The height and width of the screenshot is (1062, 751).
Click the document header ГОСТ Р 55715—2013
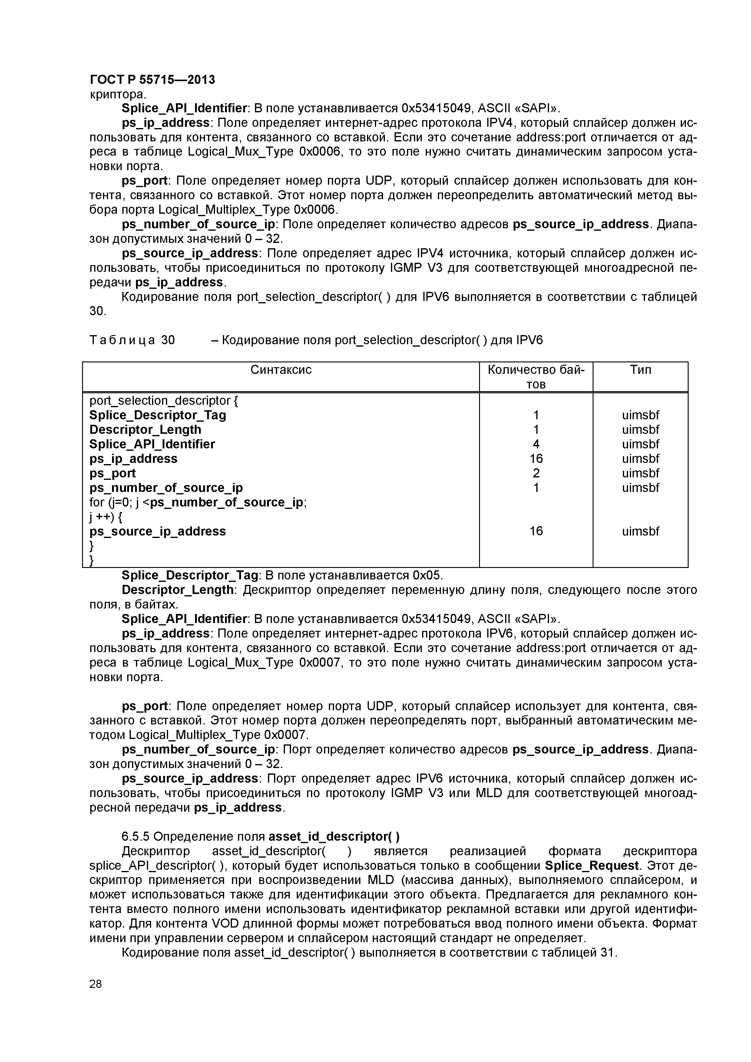152,80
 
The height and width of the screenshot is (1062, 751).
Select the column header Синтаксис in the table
281,370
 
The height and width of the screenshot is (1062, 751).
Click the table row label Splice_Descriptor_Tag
157,415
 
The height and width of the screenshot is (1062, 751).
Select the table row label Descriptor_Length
145,430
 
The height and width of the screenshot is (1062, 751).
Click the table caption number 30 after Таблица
168,341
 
